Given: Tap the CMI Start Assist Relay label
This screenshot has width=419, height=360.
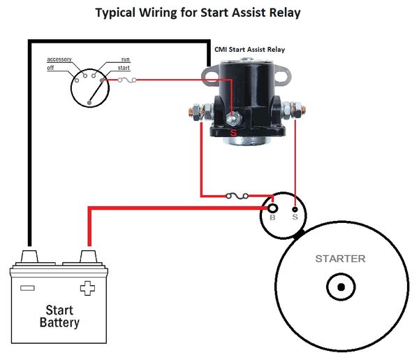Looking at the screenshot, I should click(x=249, y=50).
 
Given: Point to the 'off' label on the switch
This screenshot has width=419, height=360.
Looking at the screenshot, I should click(x=51, y=67).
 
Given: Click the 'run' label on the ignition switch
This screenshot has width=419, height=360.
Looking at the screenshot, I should click(x=126, y=60).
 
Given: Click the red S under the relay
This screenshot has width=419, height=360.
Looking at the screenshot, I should click(x=233, y=131).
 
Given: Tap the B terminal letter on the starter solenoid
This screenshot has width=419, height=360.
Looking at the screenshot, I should click(x=272, y=218).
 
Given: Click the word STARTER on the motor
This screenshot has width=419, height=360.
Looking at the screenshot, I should click(x=340, y=259).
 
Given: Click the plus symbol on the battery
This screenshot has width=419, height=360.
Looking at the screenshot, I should click(x=87, y=287).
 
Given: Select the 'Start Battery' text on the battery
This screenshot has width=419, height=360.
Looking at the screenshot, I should click(x=59, y=316).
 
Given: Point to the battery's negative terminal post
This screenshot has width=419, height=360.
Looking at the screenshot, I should click(x=29, y=256).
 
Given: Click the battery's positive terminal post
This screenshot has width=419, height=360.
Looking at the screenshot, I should click(x=88, y=256).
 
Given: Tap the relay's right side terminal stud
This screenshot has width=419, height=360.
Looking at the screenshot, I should click(x=295, y=110).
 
